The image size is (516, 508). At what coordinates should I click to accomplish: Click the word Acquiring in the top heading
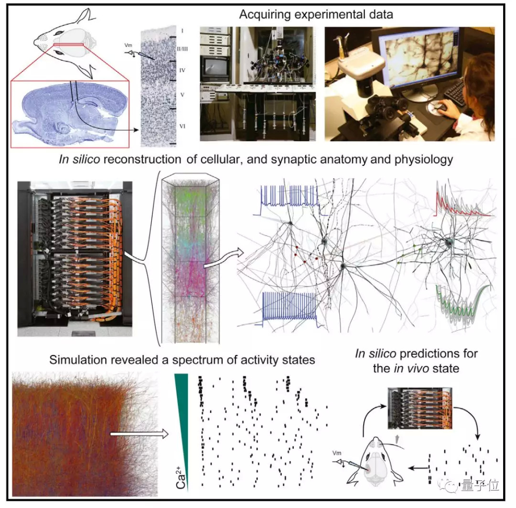265,15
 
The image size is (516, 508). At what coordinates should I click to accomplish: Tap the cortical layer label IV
183,70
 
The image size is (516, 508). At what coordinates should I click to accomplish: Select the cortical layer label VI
183,126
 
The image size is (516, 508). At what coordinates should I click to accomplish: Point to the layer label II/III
183,49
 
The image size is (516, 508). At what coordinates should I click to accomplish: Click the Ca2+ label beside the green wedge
182,477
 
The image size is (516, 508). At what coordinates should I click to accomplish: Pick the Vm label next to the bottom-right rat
337,453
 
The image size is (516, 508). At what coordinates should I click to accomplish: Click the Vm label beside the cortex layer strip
129,45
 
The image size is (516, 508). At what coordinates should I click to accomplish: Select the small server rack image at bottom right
420,408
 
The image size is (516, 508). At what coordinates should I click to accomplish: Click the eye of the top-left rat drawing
60,32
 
